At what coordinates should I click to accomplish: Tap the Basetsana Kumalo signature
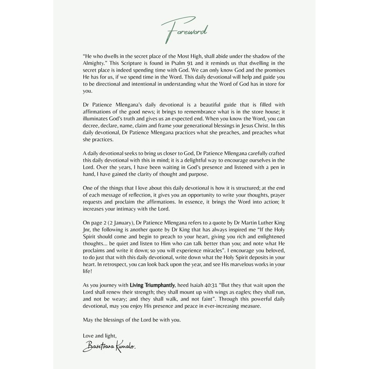point(109,347)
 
